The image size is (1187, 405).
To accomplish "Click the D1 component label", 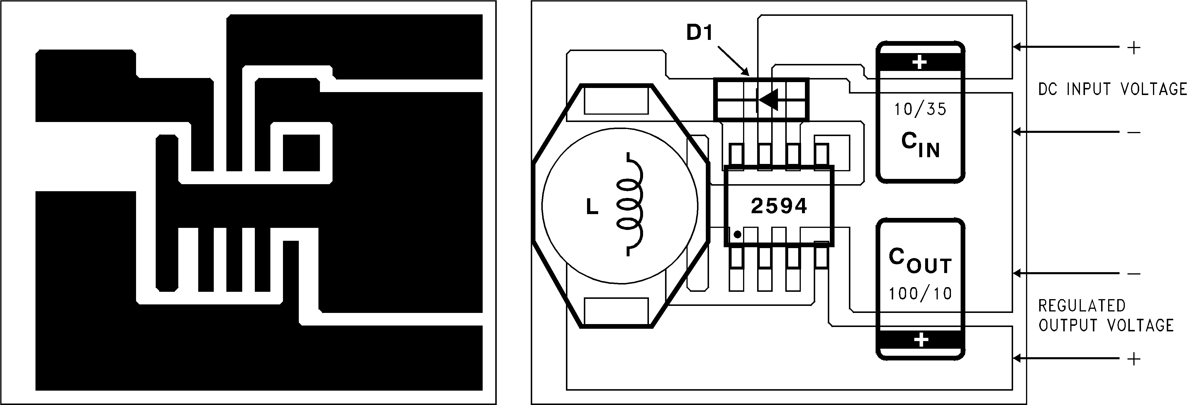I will pyautogui.click(x=699, y=33).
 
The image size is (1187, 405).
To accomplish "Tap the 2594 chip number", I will pyautogui.click(x=779, y=206).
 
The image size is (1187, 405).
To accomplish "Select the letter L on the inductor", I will pyautogui.click(x=592, y=207).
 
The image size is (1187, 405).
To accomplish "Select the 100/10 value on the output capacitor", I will pyautogui.click(x=920, y=294).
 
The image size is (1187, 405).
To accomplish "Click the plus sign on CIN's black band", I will pyautogui.click(x=919, y=62).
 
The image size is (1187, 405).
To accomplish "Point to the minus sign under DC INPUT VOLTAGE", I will pyautogui.click(x=1134, y=133).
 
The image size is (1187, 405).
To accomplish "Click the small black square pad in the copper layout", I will pyautogui.click(x=301, y=152).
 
